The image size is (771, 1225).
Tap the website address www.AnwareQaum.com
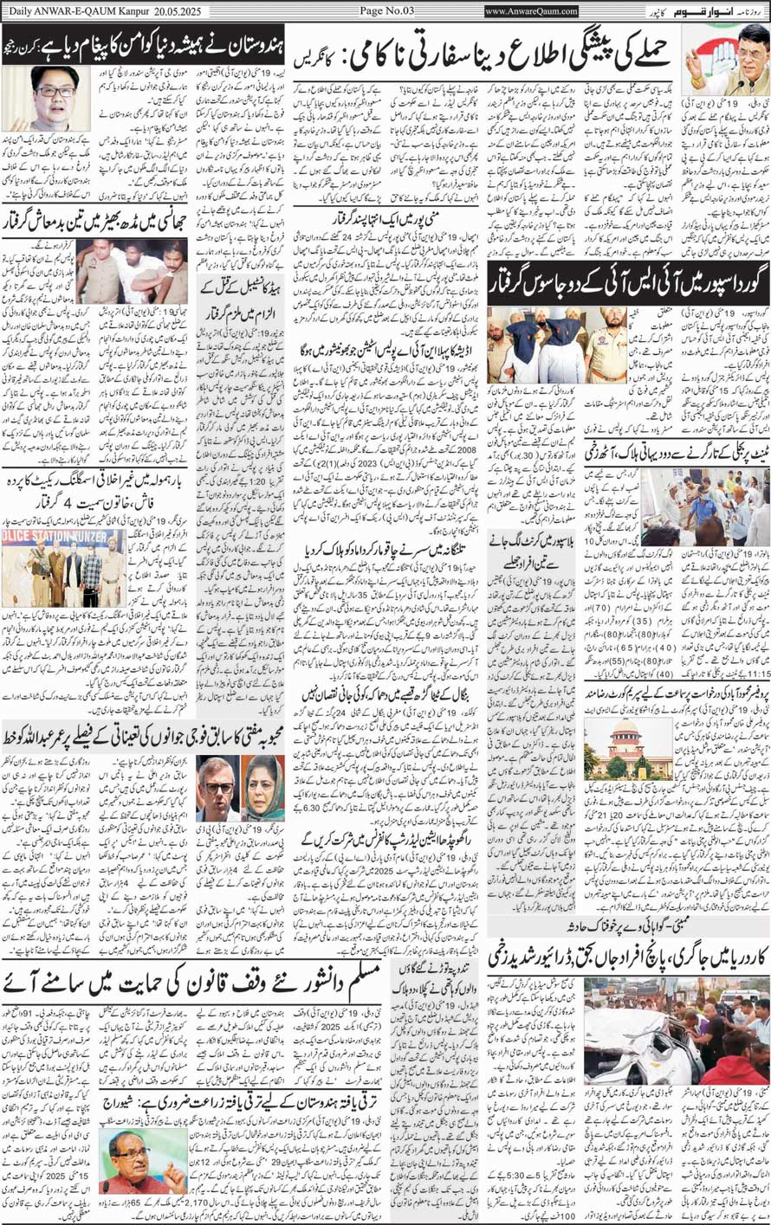coord(531,11)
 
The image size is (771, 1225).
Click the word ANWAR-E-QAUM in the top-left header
coord(75,10)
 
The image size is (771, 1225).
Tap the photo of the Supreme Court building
coord(615,749)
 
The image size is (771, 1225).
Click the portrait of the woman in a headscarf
coord(262,786)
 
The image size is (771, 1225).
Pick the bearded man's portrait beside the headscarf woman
coord(217,786)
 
